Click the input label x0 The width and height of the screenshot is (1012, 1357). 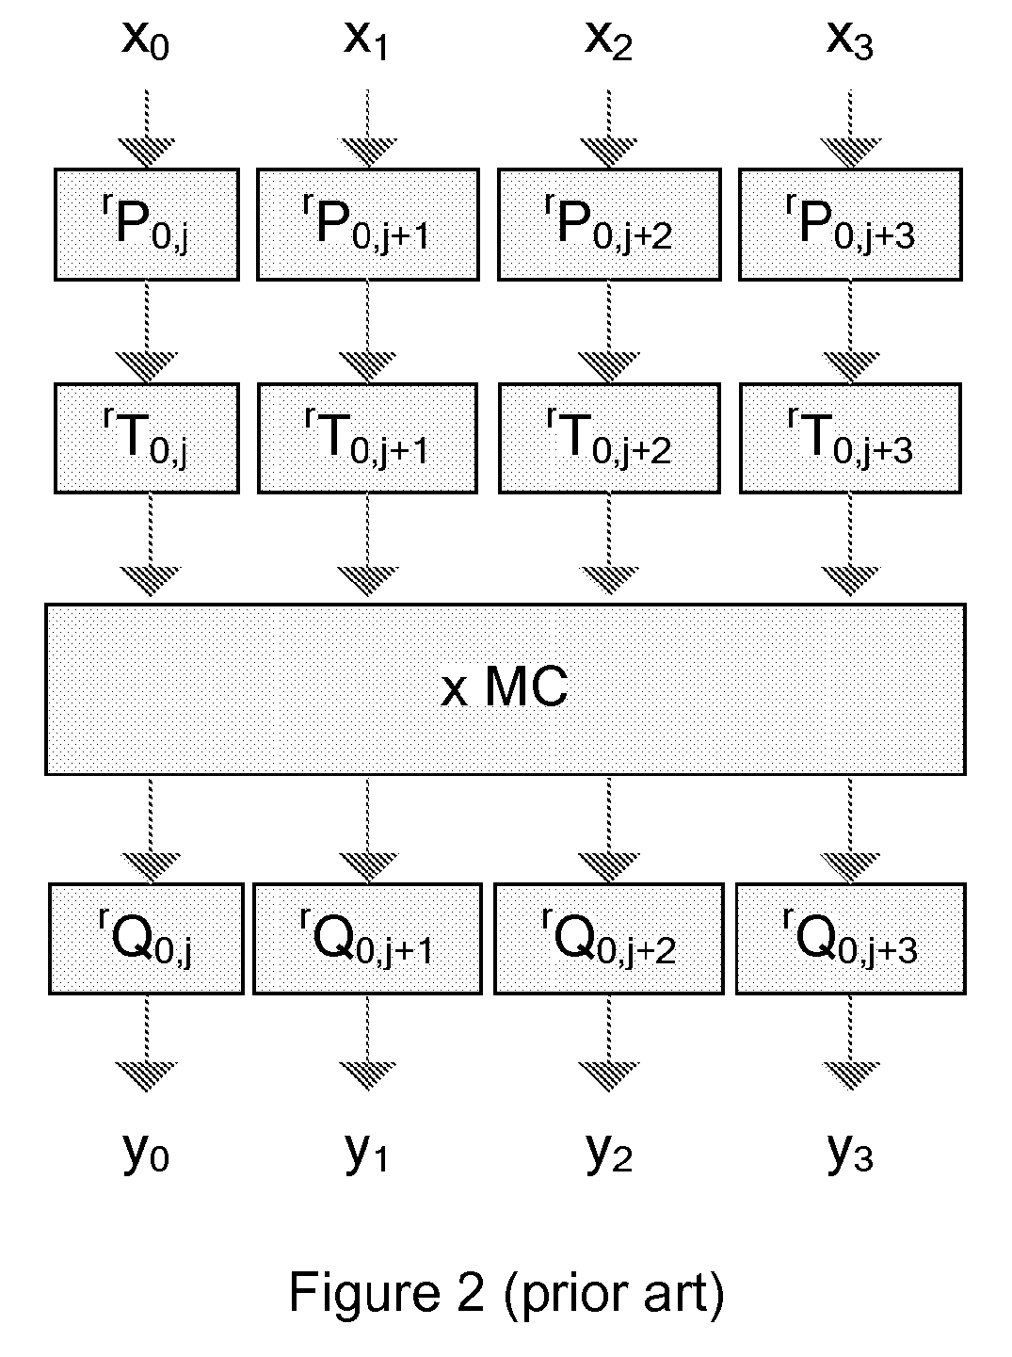[146, 41]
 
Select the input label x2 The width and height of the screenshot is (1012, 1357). [609, 41]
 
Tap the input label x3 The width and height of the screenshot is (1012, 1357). [850, 41]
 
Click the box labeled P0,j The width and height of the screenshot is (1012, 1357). [147, 224]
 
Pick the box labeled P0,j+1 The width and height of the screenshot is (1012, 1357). [368, 224]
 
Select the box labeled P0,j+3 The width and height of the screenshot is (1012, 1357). [850, 224]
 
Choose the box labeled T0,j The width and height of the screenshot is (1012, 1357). [147, 438]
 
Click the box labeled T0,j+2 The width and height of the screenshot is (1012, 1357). [609, 438]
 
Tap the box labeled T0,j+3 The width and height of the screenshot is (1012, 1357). [850, 438]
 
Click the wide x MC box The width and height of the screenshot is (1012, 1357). [506, 689]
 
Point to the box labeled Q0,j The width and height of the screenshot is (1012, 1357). [147, 939]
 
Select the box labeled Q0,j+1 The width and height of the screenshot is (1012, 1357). [367, 939]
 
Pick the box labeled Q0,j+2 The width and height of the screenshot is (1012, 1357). [609, 939]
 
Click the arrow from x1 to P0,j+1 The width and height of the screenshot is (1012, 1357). [368, 129]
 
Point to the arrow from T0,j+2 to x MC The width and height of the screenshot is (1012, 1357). [609, 545]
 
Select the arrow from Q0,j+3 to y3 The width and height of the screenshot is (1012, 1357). [850, 1043]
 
